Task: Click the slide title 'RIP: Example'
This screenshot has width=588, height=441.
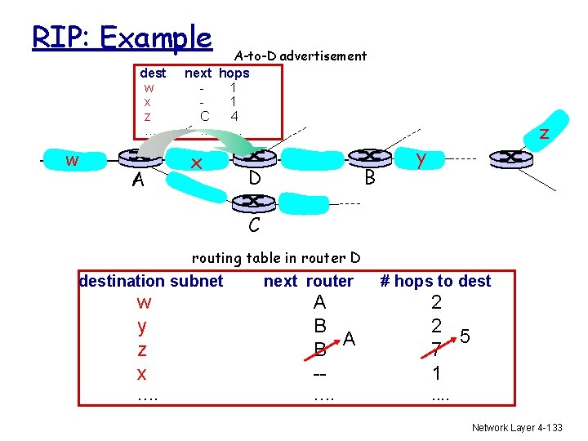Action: point(122,37)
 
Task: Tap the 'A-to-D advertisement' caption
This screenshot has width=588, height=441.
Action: point(300,56)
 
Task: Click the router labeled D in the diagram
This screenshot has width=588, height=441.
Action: point(255,156)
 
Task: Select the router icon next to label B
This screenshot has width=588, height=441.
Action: point(369,156)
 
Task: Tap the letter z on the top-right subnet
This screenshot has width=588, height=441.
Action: point(543,133)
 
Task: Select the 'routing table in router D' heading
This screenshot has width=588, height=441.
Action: point(276,259)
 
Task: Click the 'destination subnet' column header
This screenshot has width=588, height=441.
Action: point(151,281)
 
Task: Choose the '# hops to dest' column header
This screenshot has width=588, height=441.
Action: point(436,281)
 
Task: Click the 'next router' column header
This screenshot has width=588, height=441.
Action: point(308,281)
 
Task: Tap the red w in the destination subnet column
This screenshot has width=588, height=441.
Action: point(144,303)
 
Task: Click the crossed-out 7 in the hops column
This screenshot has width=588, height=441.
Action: point(437,350)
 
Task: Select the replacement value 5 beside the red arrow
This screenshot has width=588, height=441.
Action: point(464,336)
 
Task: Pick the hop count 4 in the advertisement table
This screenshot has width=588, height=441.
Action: point(234,116)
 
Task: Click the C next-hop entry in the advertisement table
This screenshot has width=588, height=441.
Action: point(204,116)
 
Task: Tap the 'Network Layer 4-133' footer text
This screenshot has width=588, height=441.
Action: point(517,427)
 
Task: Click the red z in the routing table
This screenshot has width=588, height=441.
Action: point(143,350)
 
